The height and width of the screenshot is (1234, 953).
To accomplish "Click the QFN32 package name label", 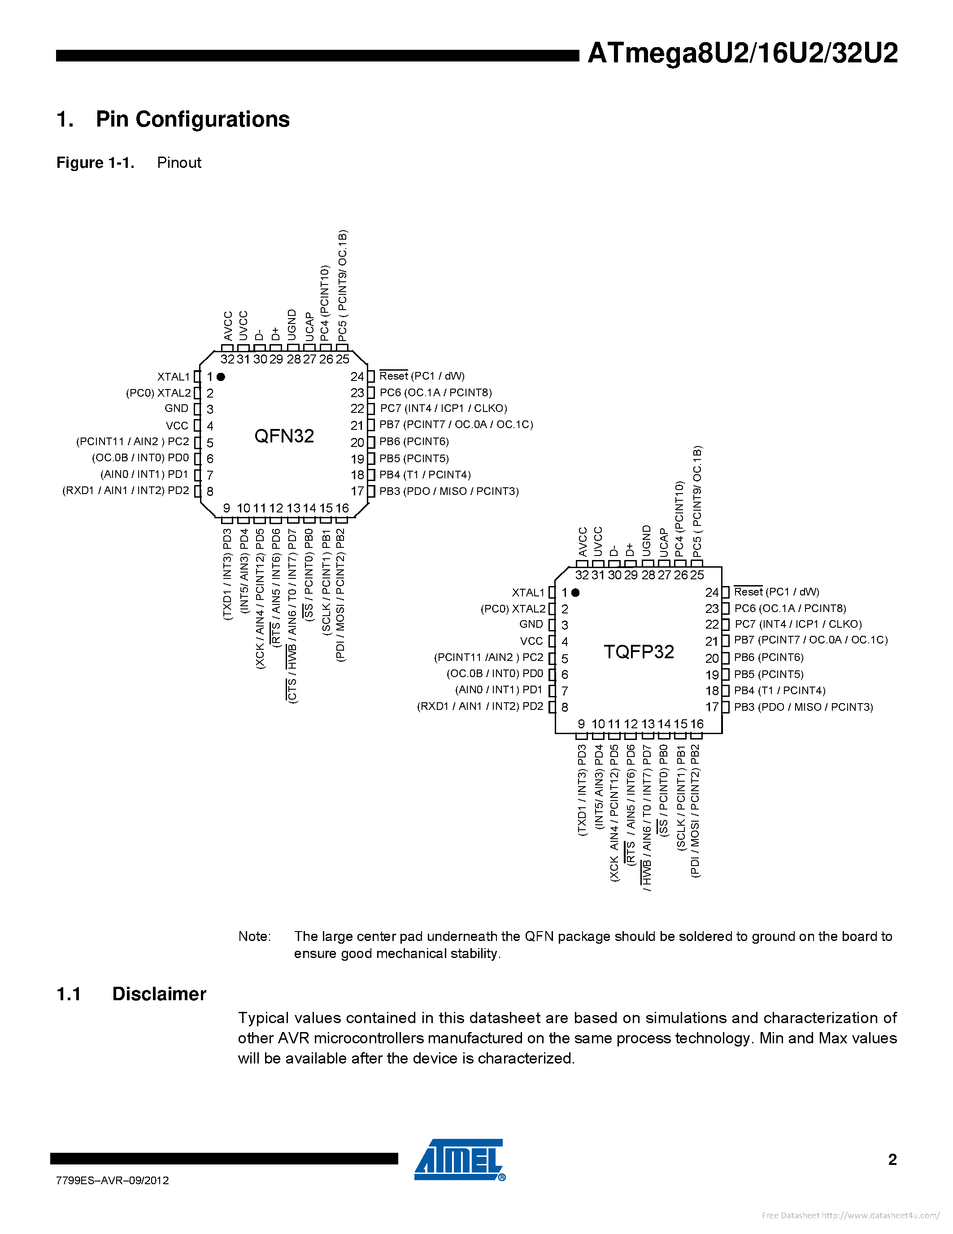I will click(284, 436).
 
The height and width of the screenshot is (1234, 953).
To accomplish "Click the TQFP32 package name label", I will click(639, 652).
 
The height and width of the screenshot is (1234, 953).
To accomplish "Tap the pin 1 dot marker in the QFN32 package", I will click(221, 376).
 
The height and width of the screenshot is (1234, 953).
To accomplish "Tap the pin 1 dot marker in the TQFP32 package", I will click(575, 592).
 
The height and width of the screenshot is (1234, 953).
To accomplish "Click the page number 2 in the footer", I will click(892, 1160).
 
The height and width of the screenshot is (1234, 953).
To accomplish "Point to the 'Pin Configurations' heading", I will click(192, 119).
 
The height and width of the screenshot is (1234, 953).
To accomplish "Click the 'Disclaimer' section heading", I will click(159, 994).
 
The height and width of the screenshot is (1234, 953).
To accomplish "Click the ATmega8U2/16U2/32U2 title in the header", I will click(742, 53).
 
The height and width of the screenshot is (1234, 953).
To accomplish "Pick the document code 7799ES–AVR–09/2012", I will click(113, 1180).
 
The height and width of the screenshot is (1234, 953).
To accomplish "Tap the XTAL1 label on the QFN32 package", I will click(173, 377).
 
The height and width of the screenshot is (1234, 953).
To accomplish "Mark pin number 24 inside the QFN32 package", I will click(357, 376).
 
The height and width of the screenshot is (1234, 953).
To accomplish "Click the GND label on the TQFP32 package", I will click(531, 624).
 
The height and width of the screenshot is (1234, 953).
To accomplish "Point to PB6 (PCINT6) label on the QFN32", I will click(414, 441).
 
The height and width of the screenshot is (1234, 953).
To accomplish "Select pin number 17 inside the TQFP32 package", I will click(712, 707).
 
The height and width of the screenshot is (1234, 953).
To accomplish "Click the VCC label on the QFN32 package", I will click(177, 425).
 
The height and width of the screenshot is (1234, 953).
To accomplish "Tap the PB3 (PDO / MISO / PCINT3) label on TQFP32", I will click(803, 707).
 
